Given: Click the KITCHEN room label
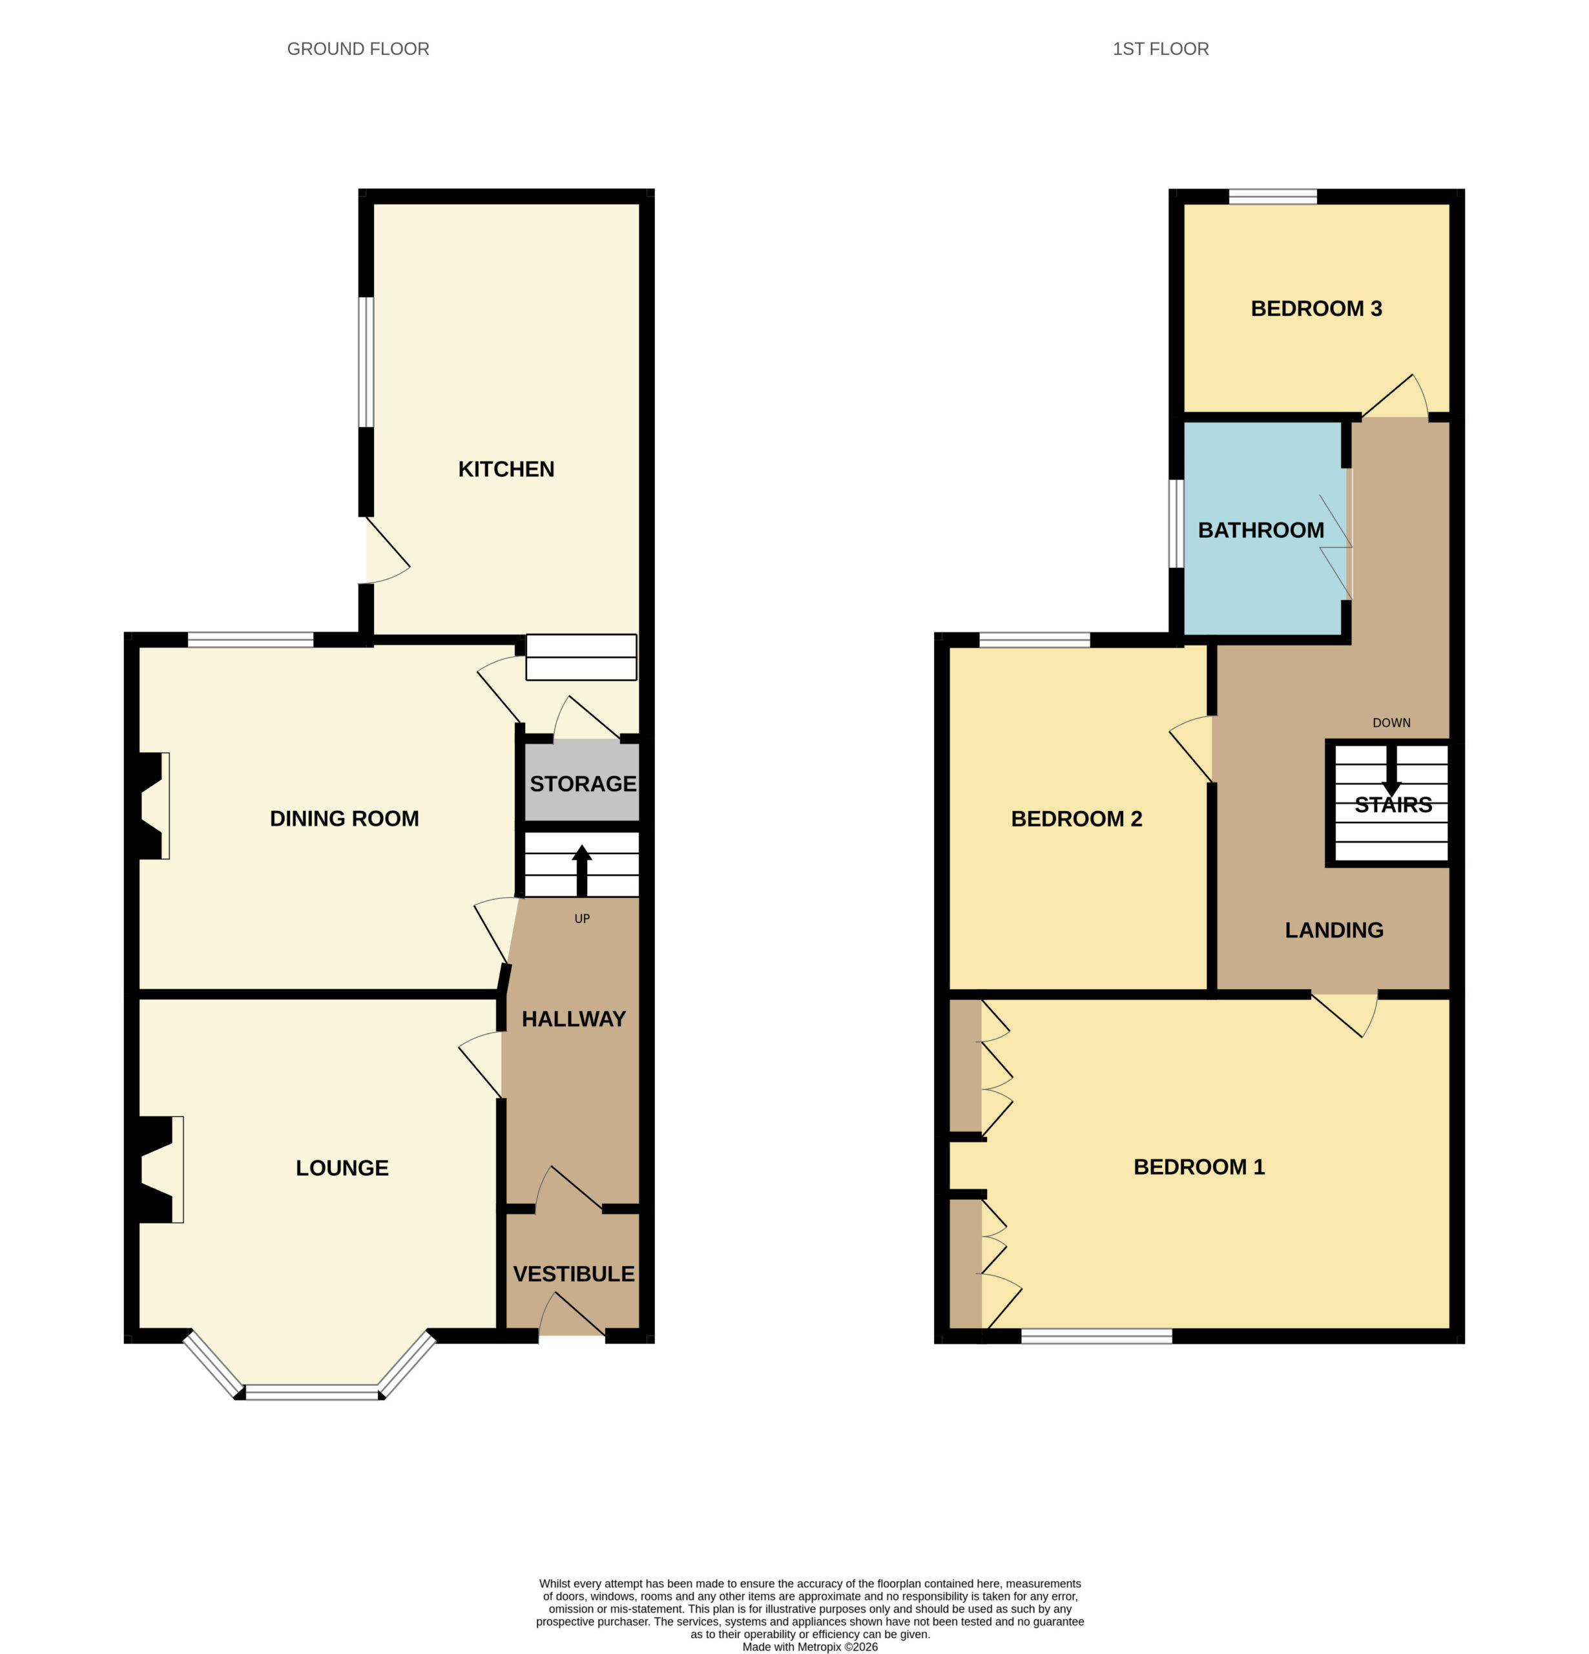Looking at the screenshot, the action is click(x=506, y=469).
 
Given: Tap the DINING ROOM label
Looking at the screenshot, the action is click(x=344, y=819).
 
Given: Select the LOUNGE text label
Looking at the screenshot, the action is click(x=342, y=1168).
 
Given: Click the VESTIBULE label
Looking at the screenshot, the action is click(x=574, y=1274).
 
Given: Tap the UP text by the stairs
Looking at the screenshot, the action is click(x=582, y=919).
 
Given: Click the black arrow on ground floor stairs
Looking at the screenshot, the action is click(x=581, y=870).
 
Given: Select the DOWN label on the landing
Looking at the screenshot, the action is click(x=1391, y=723).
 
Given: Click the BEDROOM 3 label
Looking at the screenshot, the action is click(x=1316, y=309).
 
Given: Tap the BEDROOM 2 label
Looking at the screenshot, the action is click(x=1076, y=819).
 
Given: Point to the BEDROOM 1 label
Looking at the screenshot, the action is click(x=1198, y=1167).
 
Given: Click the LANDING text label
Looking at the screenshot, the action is click(x=1333, y=930).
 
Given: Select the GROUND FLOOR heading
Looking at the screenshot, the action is click(x=358, y=49).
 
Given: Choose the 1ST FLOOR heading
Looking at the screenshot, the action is click(x=1160, y=49).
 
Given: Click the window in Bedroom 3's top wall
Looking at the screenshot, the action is click(x=1272, y=196).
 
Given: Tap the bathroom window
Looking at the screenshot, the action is click(x=1176, y=524).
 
